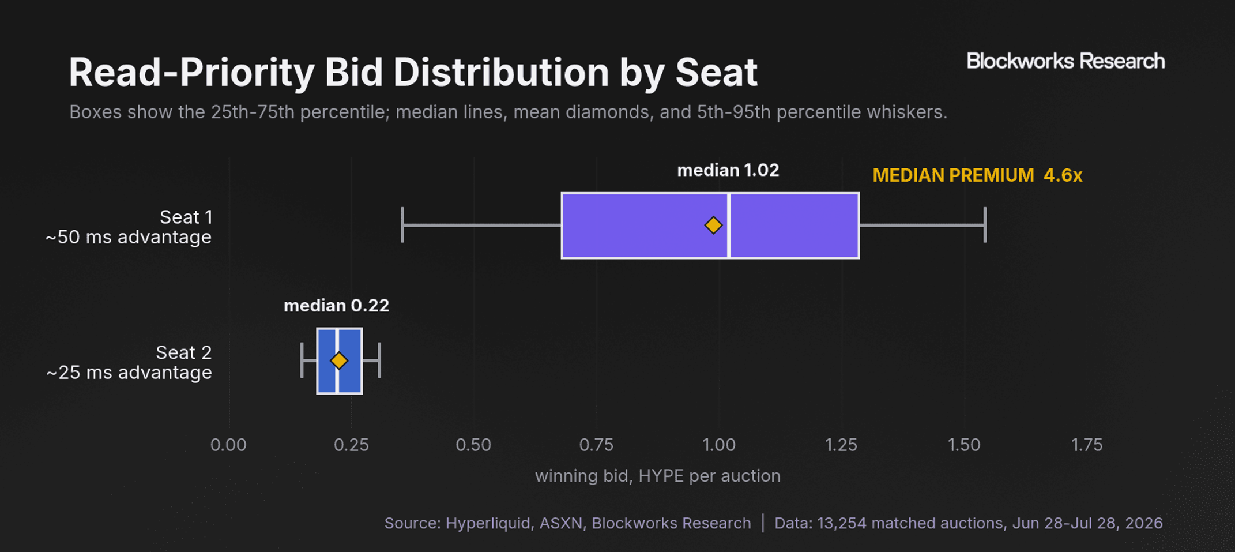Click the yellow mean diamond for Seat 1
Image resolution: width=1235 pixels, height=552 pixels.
coord(713,225)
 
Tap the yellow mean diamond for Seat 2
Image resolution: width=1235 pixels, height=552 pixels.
coord(339,361)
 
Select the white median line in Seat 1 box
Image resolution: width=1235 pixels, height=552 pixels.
coord(729,226)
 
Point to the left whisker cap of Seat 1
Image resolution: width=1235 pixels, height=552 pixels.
coord(402,225)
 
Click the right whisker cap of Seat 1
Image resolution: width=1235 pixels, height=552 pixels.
coord(985,225)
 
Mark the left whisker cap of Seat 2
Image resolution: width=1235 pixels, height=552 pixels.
coord(302,361)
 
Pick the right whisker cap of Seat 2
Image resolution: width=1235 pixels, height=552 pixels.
coord(379,361)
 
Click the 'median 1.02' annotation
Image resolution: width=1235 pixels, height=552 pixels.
coord(728,170)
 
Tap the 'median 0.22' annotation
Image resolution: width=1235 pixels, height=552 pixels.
coord(336,306)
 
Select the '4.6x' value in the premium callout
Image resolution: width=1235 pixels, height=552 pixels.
coord(1063,175)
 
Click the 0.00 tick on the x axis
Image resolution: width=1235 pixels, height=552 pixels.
coord(228,445)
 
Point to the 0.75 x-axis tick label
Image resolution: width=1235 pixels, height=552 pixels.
coord(596,445)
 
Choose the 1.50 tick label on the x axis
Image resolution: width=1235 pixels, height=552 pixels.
coord(964,445)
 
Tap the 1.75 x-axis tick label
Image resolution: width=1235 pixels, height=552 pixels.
coord(1087,445)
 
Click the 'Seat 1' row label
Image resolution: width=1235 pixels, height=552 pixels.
coord(186,217)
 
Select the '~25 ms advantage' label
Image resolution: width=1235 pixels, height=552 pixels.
coord(129,373)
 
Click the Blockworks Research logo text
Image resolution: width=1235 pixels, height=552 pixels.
coord(1065,61)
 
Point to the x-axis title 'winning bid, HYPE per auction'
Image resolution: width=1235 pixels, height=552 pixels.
coord(658,476)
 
